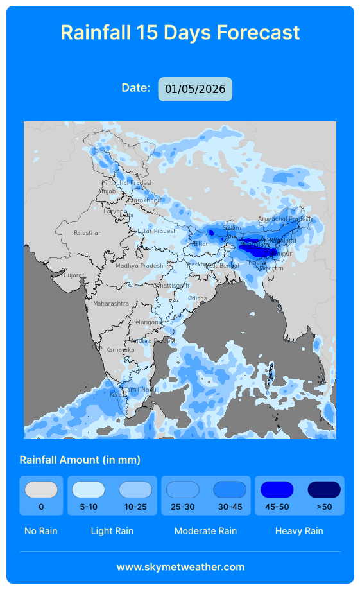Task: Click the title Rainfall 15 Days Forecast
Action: tap(180, 32)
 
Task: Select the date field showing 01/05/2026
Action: tap(195, 89)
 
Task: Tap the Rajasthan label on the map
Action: tap(87, 233)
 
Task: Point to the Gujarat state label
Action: tap(73, 275)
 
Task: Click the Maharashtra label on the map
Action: tap(111, 303)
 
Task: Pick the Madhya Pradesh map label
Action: tap(139, 265)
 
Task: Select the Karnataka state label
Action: tap(120, 350)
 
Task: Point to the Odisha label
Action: tap(198, 299)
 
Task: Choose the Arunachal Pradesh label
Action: tap(284, 218)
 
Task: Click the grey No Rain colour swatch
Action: tap(41, 490)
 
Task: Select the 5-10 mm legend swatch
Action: tap(89, 490)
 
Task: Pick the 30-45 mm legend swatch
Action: tap(230, 490)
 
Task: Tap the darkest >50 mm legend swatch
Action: tap(324, 490)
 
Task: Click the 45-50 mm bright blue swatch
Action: tap(277, 490)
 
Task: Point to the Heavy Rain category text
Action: tap(299, 531)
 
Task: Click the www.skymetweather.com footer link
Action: tap(180, 567)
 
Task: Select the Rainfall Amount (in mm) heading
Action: tap(80, 460)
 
